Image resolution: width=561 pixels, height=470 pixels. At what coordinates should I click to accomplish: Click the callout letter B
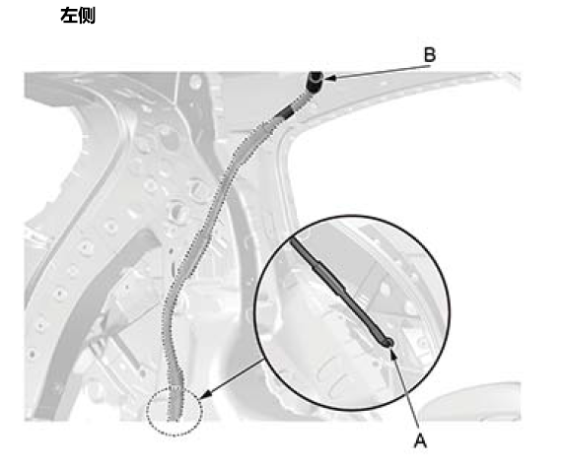pos(430,55)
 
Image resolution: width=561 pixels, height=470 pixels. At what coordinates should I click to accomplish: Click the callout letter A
pos(420,440)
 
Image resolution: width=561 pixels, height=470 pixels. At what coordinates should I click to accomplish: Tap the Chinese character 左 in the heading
pos(69,16)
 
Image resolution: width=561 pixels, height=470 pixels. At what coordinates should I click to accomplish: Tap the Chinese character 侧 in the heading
pos(87,16)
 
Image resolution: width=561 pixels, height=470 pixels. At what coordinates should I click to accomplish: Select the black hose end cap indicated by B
pos(315,82)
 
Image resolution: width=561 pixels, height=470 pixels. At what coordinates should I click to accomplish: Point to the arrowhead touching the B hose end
pos(329,78)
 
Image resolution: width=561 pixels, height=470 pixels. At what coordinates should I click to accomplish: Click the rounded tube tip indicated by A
pos(387,343)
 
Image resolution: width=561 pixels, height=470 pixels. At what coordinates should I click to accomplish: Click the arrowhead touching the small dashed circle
pos(205,395)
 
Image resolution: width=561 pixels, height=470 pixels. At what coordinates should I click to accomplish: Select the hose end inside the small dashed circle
pos(175,404)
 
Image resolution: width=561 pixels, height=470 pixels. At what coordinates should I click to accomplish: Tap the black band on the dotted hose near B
pos(285,113)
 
